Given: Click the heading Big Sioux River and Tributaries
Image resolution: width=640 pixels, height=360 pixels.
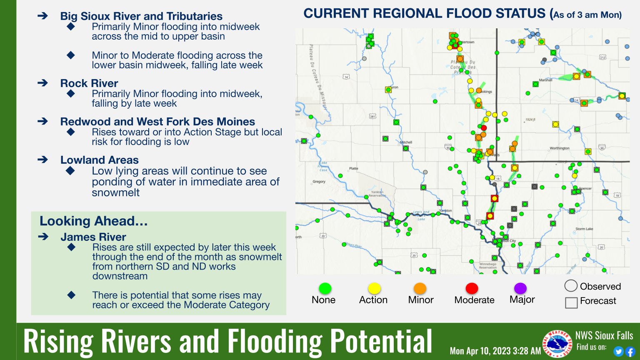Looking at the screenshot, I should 141,16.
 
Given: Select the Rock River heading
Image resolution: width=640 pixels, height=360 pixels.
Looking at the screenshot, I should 89,83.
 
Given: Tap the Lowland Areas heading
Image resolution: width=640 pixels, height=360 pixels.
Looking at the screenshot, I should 100,160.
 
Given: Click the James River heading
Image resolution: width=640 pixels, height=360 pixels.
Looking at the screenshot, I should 93,237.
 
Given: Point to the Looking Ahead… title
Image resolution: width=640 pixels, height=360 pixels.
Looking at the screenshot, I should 94,221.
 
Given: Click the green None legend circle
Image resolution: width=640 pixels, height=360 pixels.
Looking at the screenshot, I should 325,288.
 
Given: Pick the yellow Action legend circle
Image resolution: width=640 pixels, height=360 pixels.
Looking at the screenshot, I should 374,288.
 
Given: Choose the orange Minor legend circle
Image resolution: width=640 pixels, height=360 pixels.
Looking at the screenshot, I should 420,288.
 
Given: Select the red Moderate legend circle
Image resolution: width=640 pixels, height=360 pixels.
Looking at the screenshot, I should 472,288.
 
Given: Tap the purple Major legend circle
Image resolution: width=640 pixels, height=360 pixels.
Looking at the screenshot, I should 520,288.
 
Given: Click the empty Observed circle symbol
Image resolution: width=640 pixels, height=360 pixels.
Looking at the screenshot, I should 571,286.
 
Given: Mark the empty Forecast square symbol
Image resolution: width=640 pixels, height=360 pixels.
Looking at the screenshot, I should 571,302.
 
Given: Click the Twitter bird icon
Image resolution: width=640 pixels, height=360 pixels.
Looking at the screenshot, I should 619,352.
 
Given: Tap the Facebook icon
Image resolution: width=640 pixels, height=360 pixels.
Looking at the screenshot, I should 630,352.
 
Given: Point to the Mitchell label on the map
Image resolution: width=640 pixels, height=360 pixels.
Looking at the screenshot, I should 406,142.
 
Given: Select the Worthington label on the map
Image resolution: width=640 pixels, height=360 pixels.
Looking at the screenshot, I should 559,148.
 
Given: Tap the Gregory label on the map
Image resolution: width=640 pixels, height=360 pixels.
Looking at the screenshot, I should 319,182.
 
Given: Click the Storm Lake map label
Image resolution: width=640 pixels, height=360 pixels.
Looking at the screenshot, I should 584,229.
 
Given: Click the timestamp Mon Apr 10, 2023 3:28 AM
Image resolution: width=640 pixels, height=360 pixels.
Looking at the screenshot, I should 495,351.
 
